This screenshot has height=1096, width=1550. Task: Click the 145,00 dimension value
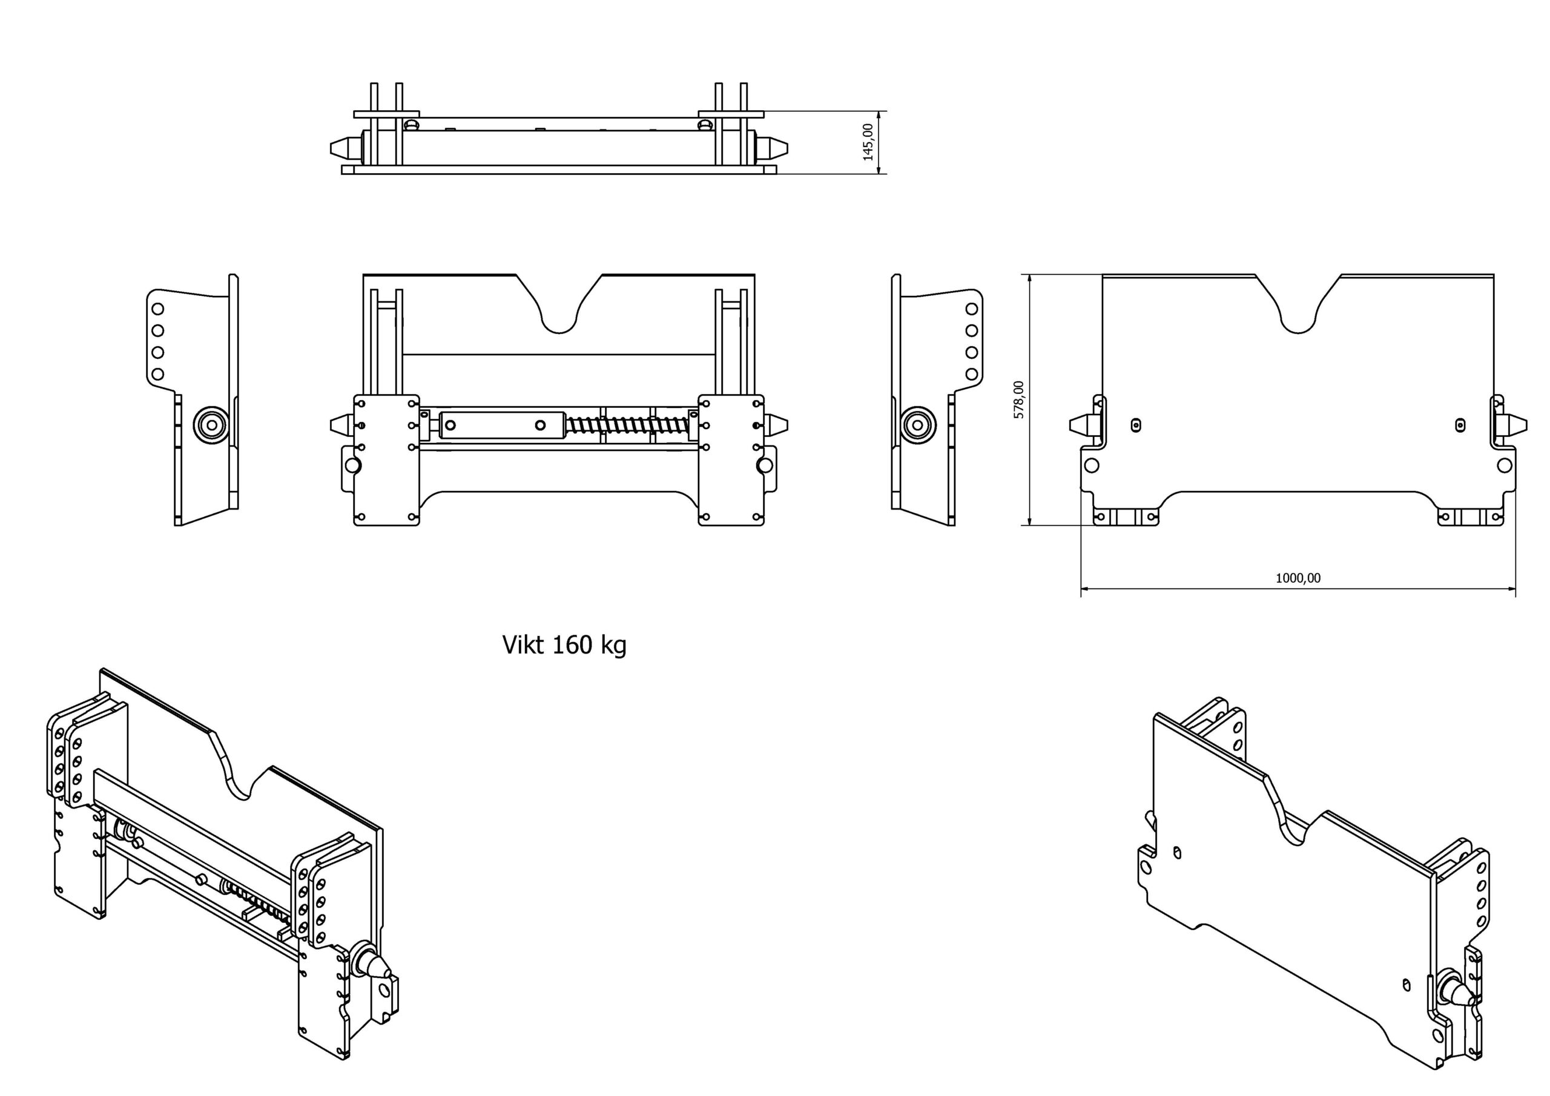868,142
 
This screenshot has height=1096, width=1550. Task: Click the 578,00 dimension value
1019,399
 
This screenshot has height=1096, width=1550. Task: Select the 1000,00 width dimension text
1298,578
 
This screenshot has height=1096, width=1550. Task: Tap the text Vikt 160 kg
564,645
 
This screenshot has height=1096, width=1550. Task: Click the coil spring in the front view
628,425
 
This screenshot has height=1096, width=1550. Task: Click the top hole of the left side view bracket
157,309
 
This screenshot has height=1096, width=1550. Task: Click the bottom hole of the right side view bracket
971,374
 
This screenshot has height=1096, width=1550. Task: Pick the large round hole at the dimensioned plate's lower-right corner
1505,465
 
